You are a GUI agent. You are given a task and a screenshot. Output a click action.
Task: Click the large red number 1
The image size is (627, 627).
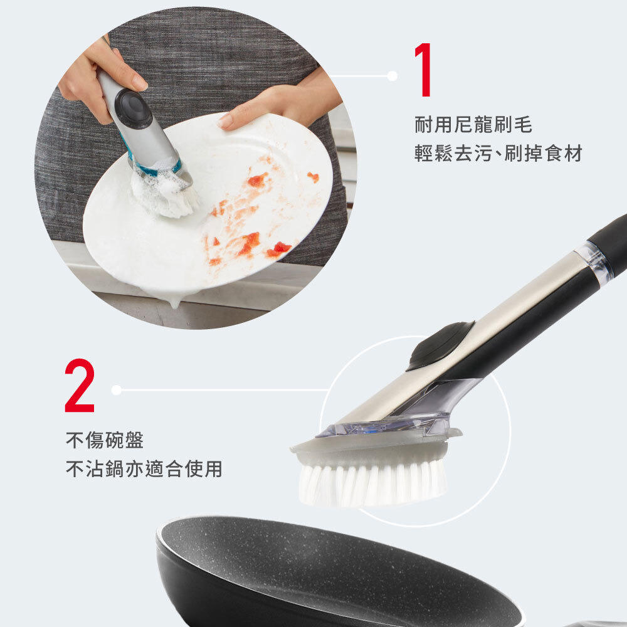[x=423, y=70]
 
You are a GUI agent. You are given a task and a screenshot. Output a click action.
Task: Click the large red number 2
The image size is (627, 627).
[x=80, y=386]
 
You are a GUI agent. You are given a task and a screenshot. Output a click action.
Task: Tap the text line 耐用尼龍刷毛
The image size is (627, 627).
[x=473, y=125]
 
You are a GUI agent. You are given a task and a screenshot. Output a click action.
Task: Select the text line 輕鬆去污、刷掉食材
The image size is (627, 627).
[x=498, y=154]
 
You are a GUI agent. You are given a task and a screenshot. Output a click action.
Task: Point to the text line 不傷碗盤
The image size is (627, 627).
[x=105, y=440]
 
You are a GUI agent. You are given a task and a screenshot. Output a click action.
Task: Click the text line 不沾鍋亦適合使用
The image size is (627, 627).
[x=144, y=469]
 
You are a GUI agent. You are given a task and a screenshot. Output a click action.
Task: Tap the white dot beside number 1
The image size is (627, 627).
[x=393, y=76]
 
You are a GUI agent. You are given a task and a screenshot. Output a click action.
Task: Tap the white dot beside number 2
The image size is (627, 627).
[x=117, y=390]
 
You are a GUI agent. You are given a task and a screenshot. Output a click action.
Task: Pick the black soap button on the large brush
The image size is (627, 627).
[x=440, y=345]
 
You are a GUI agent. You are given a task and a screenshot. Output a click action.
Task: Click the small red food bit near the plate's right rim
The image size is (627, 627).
[x=313, y=177]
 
